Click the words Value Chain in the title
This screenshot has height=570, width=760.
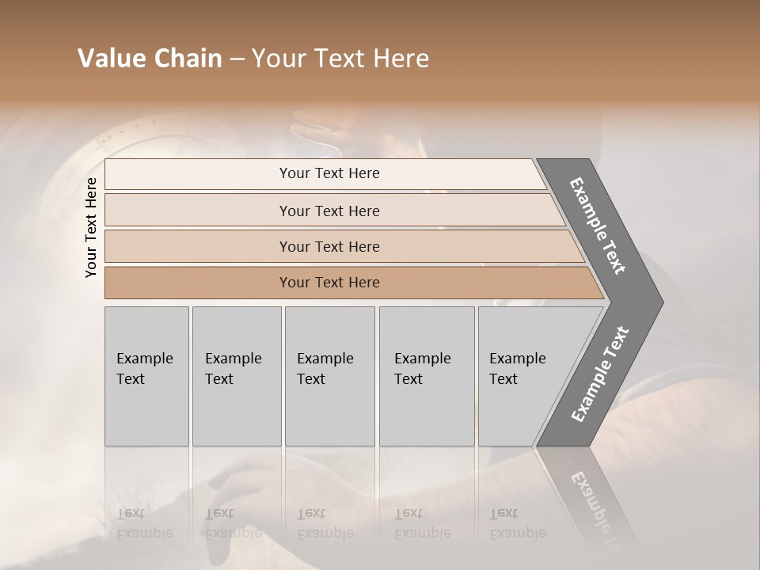coord(150,59)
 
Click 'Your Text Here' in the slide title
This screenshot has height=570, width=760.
coord(340,59)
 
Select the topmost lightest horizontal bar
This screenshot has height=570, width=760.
coord(329,173)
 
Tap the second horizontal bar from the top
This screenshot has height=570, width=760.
coord(329,211)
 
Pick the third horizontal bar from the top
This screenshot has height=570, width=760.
coord(329,246)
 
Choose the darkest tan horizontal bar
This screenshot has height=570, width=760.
coord(329,283)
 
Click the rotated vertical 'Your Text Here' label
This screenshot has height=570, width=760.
coord(91,227)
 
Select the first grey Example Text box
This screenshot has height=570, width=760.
coord(146,376)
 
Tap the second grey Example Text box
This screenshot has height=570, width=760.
coord(237,376)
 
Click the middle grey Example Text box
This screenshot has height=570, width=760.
coord(329,376)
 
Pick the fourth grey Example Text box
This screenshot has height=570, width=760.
coord(427,376)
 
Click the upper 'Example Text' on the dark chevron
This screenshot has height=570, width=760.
coord(598,226)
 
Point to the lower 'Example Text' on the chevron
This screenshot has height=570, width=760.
coord(600,374)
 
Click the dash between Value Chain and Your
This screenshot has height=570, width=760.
coord(237,59)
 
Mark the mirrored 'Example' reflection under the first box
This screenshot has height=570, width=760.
coord(145,532)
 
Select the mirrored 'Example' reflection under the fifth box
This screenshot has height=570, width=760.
coord(518,532)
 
